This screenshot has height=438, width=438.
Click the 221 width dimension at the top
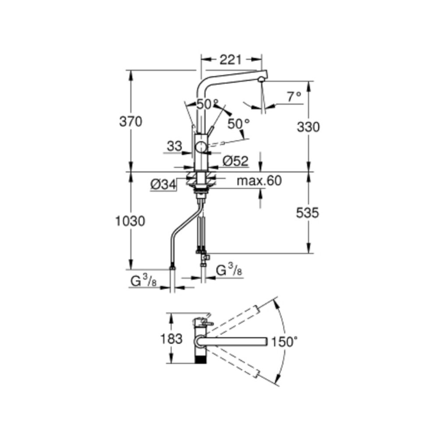tap(230, 60)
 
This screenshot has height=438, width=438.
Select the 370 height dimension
tap(131, 122)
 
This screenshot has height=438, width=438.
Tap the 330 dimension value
tap(308, 127)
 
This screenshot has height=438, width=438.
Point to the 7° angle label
tap(294, 97)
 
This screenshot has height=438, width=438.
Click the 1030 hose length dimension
tap(130, 221)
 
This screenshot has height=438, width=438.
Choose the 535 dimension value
tap(307, 213)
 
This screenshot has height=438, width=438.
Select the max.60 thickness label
tap(259, 181)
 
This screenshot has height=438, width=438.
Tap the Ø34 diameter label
tap(163, 184)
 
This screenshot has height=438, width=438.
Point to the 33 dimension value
tap(175, 146)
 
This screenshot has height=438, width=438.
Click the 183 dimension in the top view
tap(171, 339)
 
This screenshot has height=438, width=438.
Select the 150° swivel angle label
tap(285, 341)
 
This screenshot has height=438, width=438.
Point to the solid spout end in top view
tap(266, 341)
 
